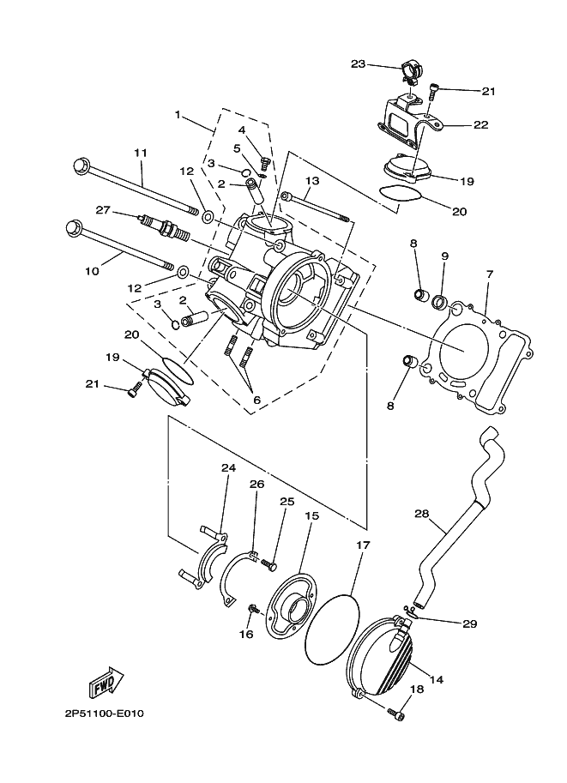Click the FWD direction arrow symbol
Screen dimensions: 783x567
tap(106, 684)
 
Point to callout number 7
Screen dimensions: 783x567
tap(490, 274)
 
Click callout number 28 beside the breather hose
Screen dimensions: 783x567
tap(421, 515)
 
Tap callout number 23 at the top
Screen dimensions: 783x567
tap(359, 63)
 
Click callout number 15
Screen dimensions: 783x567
tap(311, 516)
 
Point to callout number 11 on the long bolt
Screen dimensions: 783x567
tap(141, 153)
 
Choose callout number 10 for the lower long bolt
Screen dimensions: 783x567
tap(92, 270)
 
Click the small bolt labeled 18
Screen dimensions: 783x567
tap(395, 714)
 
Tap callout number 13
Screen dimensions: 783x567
tap(311, 181)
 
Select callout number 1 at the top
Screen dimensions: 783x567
tap(178, 114)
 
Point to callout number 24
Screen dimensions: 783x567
tap(227, 468)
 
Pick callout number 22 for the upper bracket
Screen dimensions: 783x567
tap(480, 124)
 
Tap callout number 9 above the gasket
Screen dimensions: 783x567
tap(445, 256)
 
